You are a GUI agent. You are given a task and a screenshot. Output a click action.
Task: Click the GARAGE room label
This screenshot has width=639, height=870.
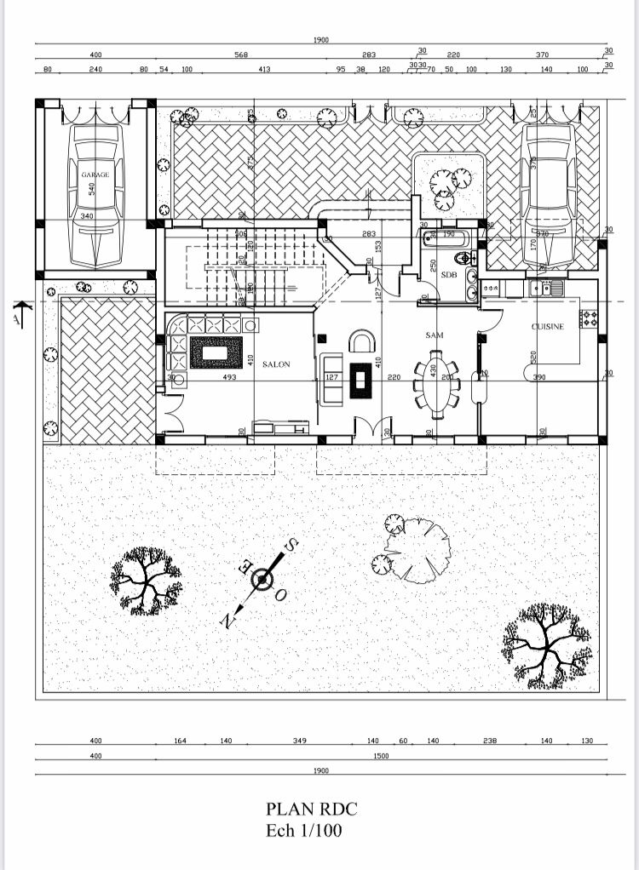(95, 175)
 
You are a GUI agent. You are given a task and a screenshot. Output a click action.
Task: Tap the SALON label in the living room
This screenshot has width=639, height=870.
(276, 364)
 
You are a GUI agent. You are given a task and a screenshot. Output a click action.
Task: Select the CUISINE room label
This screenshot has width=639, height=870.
(548, 327)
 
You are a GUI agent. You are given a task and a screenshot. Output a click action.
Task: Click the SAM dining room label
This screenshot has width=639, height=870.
(435, 335)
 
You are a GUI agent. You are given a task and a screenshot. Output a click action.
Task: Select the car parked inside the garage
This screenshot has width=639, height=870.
(95, 194)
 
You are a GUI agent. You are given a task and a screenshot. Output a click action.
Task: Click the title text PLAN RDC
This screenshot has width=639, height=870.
(312, 809)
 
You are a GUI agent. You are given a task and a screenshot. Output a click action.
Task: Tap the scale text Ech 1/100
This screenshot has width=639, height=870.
(304, 830)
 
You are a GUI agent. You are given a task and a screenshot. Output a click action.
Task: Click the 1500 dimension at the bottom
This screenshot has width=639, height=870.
(381, 755)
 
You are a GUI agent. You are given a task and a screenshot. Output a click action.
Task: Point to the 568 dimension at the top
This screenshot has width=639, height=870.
(241, 54)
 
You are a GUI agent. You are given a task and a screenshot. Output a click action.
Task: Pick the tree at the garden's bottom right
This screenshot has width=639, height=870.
(545, 644)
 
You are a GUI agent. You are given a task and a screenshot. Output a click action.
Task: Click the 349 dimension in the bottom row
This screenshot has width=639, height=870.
(299, 741)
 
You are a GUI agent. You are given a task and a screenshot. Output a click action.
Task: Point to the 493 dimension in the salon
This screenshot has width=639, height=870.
(229, 377)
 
